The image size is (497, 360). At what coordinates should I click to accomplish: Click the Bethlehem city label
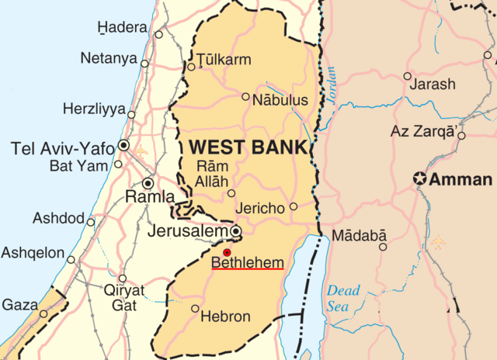coord(248,263)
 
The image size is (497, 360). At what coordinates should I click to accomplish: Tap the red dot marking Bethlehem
coord(227,253)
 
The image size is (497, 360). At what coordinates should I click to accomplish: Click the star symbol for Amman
coord(420,179)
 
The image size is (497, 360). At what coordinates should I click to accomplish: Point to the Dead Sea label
coord(342,299)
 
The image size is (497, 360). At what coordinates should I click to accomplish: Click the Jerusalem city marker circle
coord(235,231)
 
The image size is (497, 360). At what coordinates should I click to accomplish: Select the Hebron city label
coord(224,317)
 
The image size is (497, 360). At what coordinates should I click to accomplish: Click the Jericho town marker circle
coord(293,206)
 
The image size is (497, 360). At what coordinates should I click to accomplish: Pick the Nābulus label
coord(280,100)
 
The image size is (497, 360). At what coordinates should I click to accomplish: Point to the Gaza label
coord(19,305)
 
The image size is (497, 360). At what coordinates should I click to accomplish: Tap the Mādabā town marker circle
coord(382,247)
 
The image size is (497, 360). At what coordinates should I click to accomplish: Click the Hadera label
coord(122,28)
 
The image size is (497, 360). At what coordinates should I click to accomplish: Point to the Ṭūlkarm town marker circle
coord(191,67)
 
